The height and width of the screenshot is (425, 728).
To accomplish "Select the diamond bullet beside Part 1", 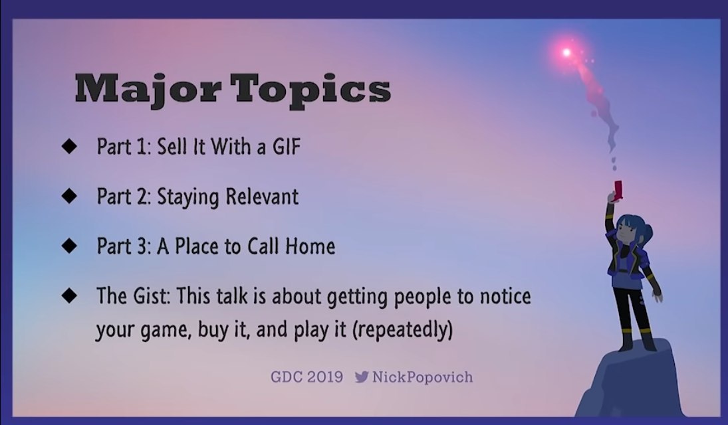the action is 69,146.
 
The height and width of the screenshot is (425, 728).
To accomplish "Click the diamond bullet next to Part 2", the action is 69,196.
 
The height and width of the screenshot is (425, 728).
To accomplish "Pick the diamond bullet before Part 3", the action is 69,246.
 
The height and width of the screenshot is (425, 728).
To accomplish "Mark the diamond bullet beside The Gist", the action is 69,295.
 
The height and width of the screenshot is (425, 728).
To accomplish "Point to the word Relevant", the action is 262,197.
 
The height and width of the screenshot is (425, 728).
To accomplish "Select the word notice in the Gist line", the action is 505,296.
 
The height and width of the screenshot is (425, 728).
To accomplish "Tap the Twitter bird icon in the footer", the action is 362,377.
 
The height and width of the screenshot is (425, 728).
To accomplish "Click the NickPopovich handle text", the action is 422,377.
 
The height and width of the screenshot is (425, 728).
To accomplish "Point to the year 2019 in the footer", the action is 324,377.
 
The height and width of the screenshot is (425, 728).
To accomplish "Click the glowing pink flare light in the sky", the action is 566,52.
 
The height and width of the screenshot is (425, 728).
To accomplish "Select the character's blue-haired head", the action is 632,230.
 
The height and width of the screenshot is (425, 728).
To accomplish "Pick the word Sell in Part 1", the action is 171,147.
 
